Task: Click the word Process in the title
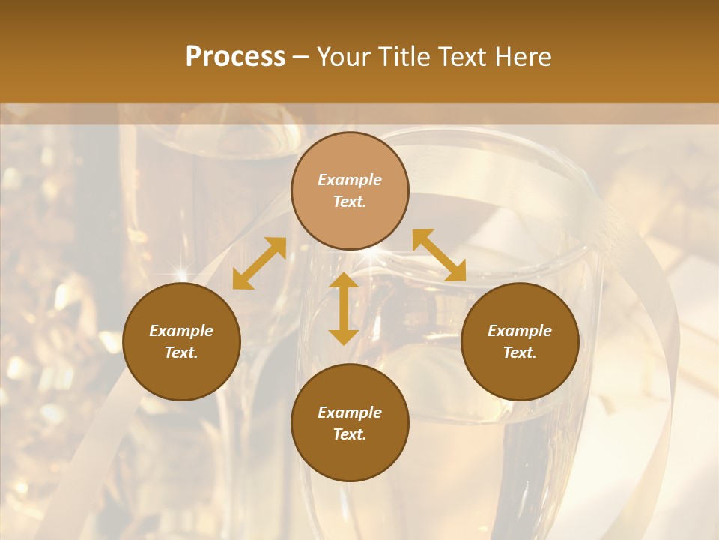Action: tap(235, 57)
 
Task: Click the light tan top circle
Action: tap(350, 190)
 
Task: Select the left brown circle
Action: tap(181, 341)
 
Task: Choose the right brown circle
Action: tap(520, 341)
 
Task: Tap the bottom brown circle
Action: tap(350, 423)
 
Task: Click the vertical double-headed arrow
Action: tap(344, 308)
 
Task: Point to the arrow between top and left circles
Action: tap(259, 263)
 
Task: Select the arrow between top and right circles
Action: tap(439, 255)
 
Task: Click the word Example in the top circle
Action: tap(350, 180)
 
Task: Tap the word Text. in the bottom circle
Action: tap(350, 434)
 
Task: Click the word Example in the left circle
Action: tap(181, 331)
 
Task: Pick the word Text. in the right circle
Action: tap(520, 352)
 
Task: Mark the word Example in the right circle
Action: tap(520, 331)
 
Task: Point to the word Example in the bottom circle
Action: tap(350, 412)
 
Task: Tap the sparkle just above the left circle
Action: tap(180, 271)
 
